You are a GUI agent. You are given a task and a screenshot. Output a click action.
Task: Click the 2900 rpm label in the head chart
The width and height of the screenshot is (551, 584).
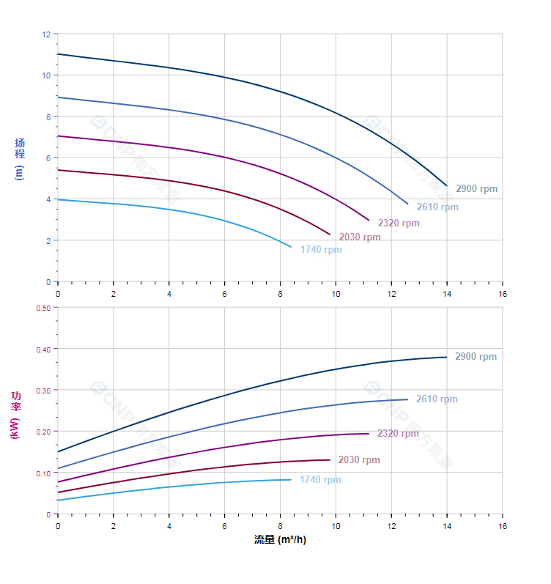pos(476,189)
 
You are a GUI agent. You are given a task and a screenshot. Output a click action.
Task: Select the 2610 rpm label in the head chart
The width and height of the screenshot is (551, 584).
pos(437,207)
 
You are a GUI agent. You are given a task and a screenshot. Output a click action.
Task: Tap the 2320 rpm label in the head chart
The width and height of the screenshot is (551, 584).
pos(399,223)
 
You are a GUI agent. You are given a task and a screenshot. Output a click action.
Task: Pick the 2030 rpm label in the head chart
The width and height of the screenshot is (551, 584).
pos(360,237)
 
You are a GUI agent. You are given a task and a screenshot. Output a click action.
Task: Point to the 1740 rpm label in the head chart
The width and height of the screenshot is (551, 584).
pos(321,250)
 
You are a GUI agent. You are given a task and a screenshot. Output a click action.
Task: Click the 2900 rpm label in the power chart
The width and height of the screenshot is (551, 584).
pos(476,357)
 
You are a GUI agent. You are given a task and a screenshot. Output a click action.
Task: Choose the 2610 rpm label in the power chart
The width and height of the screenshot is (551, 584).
pos(437,399)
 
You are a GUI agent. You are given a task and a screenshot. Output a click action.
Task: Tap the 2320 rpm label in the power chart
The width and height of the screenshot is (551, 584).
pos(398,434)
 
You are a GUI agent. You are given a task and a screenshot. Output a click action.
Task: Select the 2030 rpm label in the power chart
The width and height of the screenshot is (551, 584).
pos(359,460)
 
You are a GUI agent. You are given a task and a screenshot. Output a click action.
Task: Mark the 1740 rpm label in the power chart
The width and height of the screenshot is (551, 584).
pos(320,480)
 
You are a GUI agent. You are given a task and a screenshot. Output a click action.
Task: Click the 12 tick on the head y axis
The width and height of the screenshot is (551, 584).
pos(46,34)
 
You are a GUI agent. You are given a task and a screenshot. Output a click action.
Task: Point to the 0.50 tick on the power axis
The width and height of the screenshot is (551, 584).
pos(43,308)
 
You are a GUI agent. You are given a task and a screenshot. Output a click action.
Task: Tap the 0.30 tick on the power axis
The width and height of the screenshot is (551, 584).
pos(43,390)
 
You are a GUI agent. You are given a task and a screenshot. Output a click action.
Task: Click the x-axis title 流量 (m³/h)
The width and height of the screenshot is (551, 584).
pos(280,540)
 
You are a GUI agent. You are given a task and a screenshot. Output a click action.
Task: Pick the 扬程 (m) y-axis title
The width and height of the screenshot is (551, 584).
pos(20,158)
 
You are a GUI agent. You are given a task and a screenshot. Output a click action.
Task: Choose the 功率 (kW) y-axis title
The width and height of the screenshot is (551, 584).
pos(16,414)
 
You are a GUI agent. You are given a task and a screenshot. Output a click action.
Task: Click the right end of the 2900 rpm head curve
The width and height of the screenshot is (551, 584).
pos(446,185)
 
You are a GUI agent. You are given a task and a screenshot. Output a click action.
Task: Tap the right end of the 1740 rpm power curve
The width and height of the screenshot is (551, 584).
pos(291,479)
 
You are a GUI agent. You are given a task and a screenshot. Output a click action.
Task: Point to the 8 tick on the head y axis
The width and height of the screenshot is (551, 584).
pos(48,117)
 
